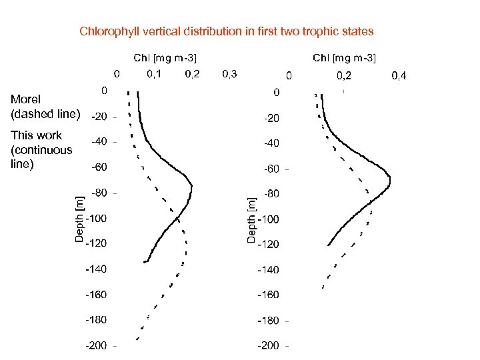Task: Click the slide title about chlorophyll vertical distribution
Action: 227,31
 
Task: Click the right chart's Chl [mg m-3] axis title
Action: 344,58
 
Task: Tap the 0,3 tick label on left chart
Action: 230,73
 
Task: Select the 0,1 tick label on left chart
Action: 154,73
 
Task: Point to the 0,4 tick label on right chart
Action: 399,76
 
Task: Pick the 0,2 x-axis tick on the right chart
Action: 344,76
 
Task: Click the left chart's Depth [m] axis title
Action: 79,218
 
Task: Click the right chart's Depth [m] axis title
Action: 251,219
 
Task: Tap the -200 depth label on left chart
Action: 96,345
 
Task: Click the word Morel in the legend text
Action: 26,99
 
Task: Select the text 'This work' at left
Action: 36,135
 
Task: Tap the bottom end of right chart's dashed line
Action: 323,287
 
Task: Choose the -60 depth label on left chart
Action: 99,167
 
